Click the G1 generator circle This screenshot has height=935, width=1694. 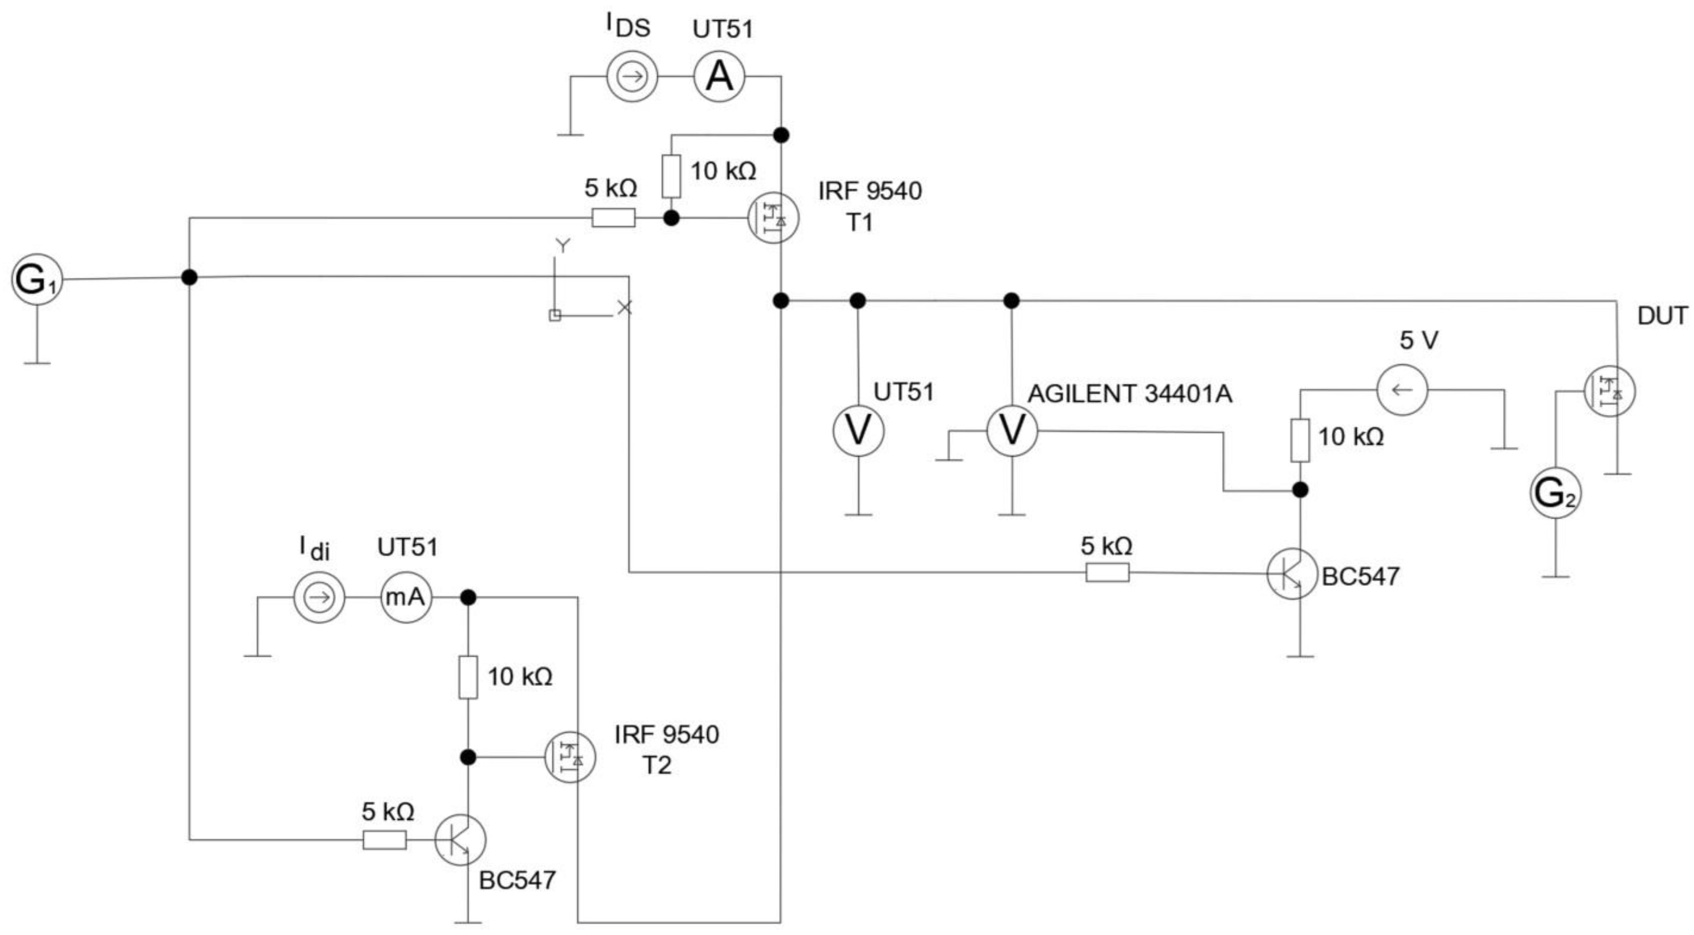[x=37, y=279]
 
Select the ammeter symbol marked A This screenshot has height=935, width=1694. [x=719, y=77]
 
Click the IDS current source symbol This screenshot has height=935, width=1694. [x=632, y=77]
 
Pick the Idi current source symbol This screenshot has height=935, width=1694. [x=319, y=598]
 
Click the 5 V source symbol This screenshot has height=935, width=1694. [x=1402, y=389]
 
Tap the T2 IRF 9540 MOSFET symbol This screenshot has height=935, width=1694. [x=570, y=757]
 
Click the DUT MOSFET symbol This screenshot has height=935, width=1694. [x=1609, y=391]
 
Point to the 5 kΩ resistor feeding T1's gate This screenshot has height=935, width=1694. [x=613, y=218]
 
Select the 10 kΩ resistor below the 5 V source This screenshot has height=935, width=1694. [x=1300, y=440]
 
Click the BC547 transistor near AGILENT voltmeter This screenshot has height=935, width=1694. [x=1292, y=574]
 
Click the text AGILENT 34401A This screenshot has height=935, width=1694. [x=1129, y=394]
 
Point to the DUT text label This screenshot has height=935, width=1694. [x=1662, y=316]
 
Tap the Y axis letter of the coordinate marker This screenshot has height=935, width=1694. [x=563, y=246]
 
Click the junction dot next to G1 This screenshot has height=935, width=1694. [x=189, y=277]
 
